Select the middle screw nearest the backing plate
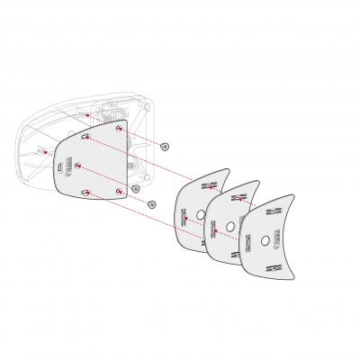(x=135, y=188)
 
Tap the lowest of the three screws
(x=151, y=204)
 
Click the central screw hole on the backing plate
(x=81, y=165)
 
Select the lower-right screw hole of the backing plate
(x=120, y=193)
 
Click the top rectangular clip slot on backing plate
(x=83, y=137)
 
